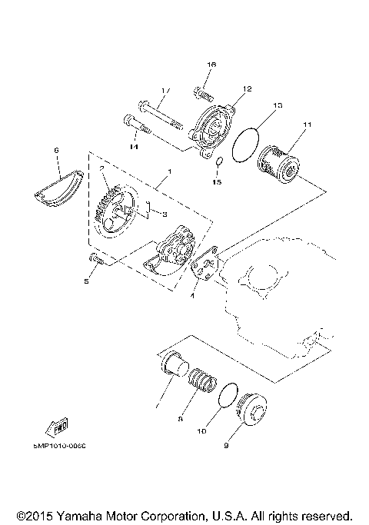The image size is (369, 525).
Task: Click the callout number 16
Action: (x=211, y=66)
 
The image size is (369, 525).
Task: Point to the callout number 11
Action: (x=307, y=125)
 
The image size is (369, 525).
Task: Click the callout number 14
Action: (x=133, y=147)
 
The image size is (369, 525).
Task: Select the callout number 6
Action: (x=56, y=151)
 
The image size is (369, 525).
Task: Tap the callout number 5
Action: (x=87, y=282)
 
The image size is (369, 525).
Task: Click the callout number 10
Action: (x=201, y=432)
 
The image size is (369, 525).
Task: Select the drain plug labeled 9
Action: (x=251, y=408)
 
